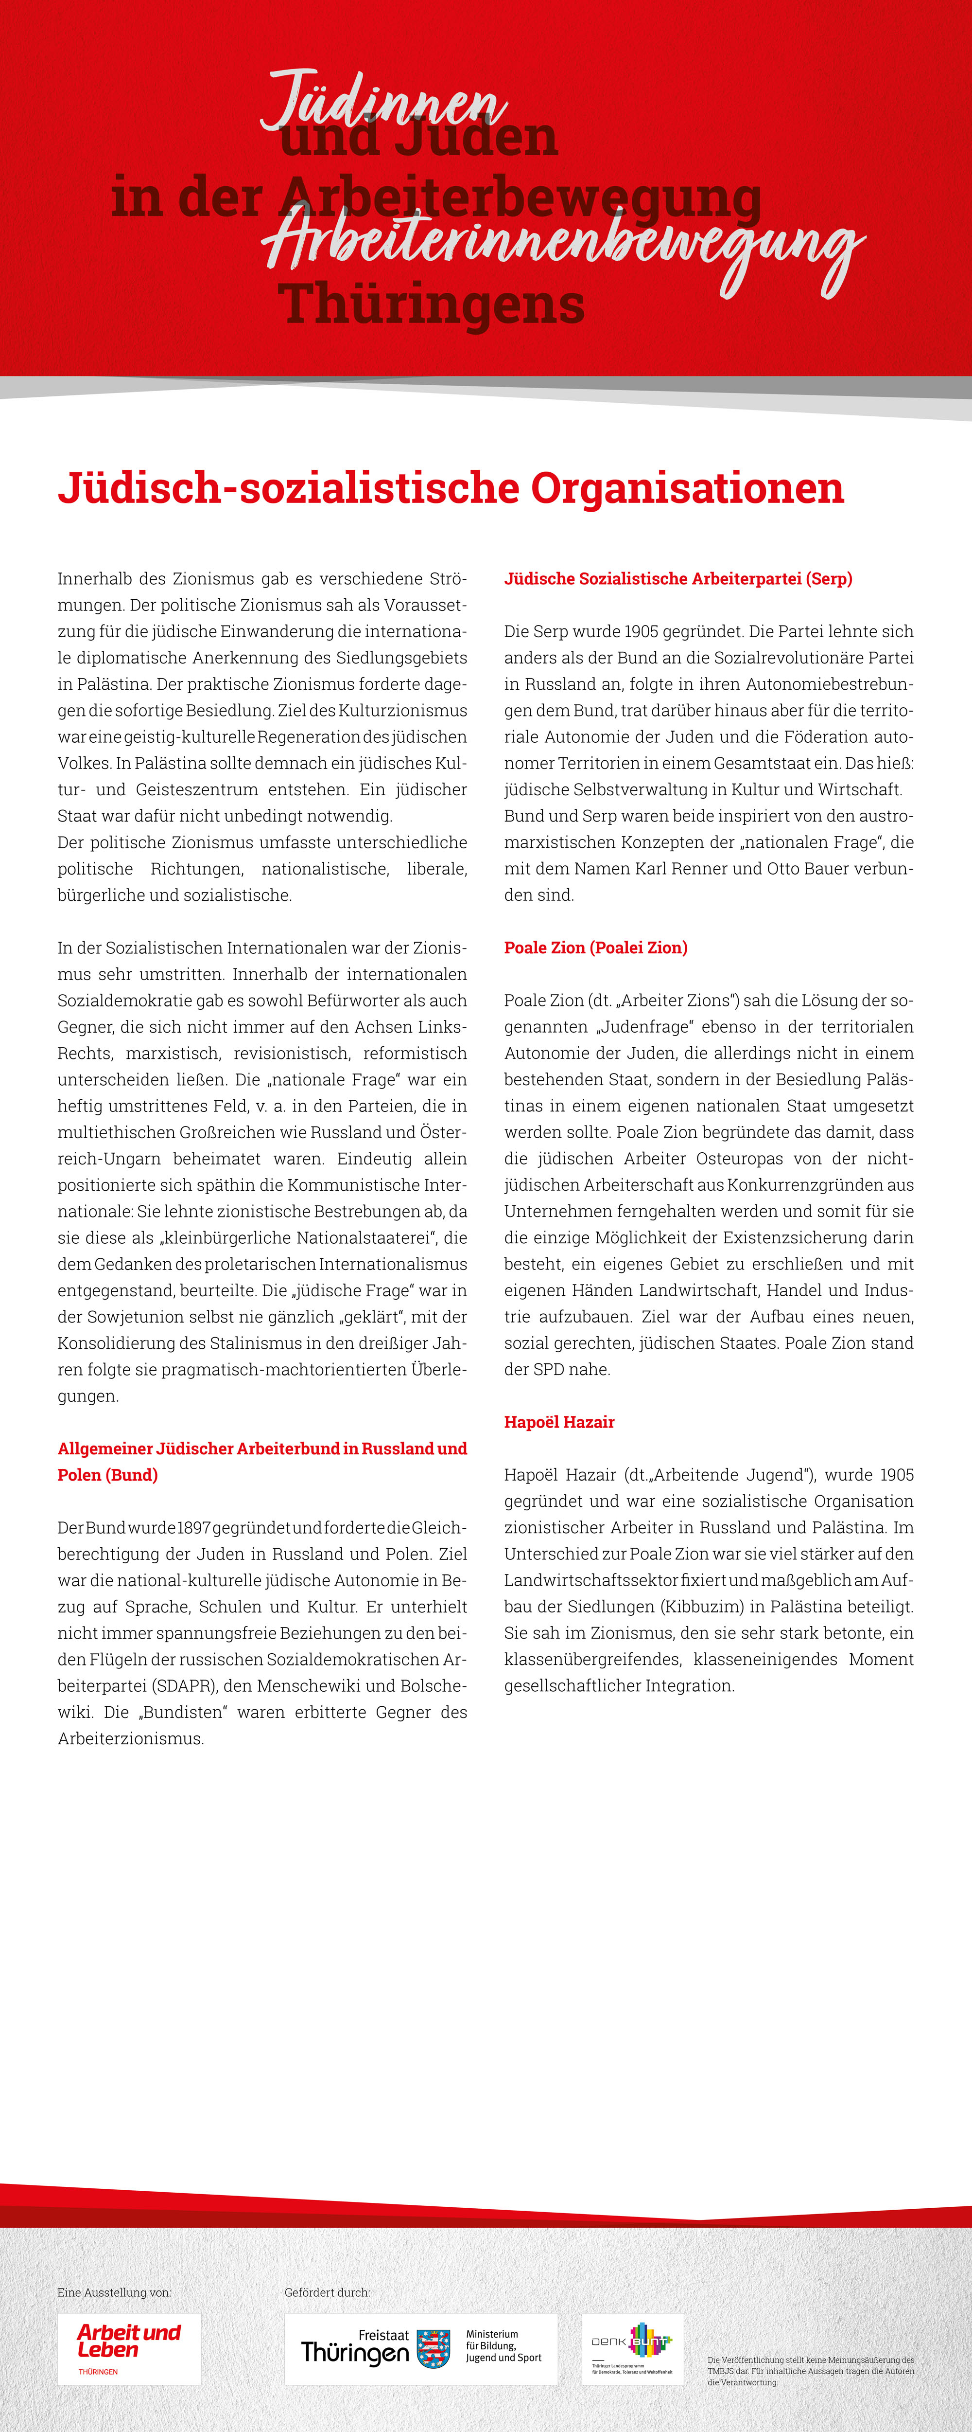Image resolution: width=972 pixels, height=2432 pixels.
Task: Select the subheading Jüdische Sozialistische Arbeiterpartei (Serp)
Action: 677,579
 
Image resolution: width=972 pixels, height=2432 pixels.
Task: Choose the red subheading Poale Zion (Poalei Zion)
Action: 595,948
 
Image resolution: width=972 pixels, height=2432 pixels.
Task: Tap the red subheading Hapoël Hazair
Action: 559,1422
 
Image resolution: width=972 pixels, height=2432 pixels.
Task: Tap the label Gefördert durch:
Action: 327,2292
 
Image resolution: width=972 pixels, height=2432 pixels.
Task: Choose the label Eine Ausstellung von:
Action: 114,2292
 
